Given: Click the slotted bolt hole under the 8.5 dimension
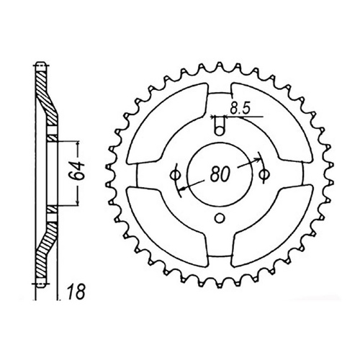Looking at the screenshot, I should click(x=220, y=128).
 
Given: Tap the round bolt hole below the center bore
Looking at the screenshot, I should click(x=220, y=219).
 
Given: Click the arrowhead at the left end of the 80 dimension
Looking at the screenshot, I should click(x=184, y=189).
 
